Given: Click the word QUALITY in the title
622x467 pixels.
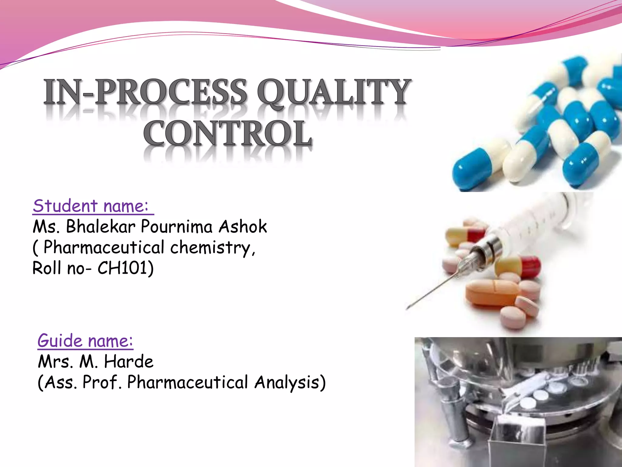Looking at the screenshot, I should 334,91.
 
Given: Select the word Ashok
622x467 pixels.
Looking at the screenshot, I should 243,227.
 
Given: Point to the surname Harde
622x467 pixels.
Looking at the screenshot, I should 129,362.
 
